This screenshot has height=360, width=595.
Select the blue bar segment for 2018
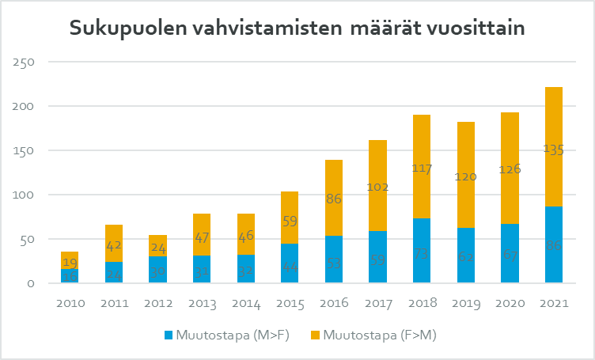pyautogui.click(x=421, y=251)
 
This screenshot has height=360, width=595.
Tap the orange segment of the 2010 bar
pyautogui.click(x=69, y=260)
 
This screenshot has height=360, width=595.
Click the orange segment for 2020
pyautogui.click(x=509, y=168)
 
